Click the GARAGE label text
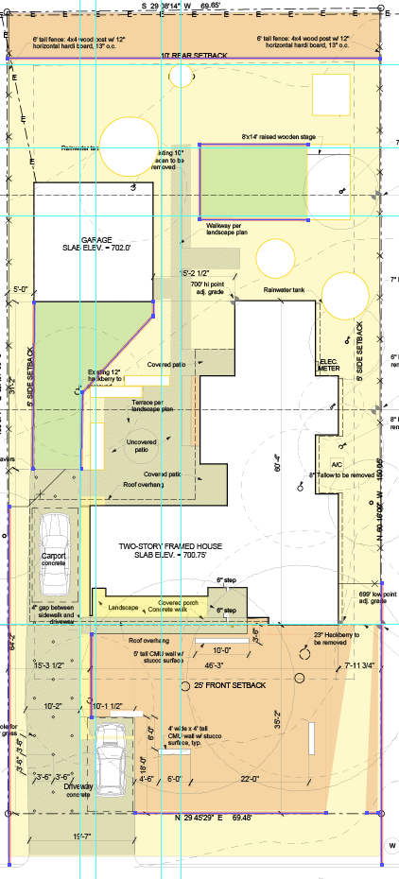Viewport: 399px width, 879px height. click(x=97, y=240)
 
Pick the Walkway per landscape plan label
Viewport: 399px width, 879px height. click(x=226, y=228)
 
